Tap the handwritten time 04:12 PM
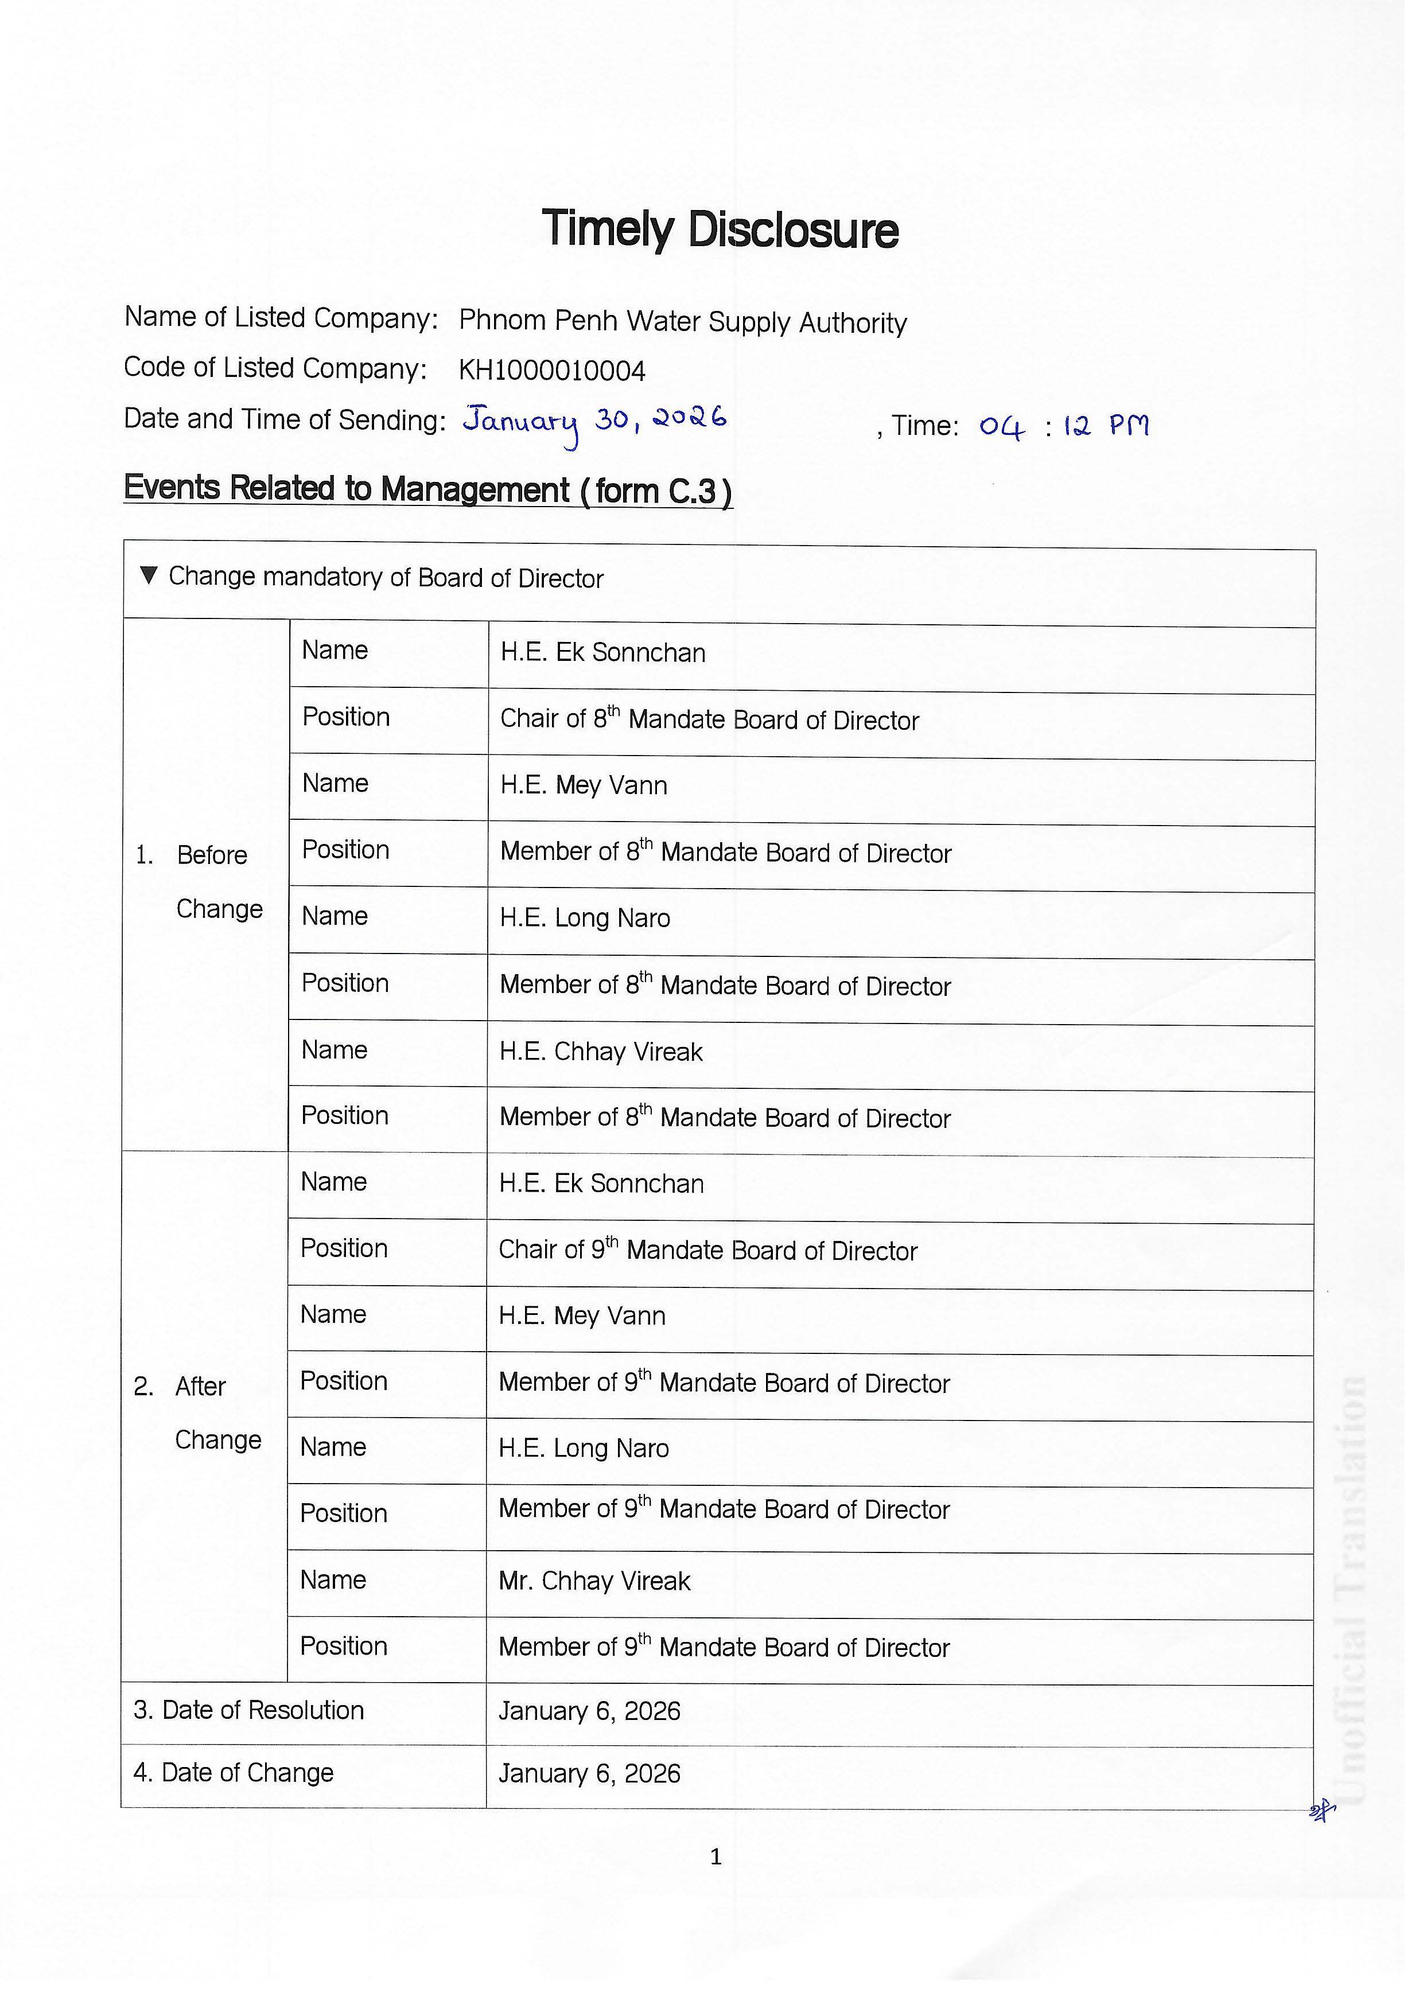[x=1064, y=427]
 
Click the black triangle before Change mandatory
[x=149, y=576]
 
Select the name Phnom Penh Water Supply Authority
[x=683, y=322]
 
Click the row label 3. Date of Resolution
[x=249, y=1710]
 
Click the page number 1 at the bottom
[x=716, y=1856]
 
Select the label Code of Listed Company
[x=275, y=368]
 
